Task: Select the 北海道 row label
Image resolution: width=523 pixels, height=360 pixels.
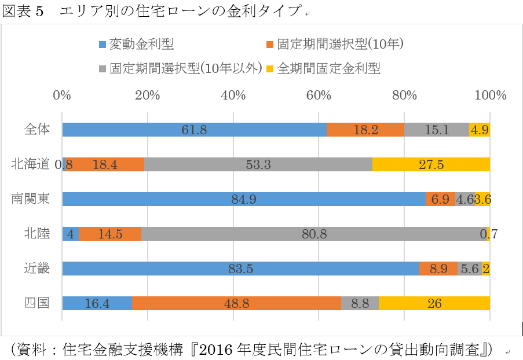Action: click(30, 164)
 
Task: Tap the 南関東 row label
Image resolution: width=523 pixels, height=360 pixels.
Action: click(30, 199)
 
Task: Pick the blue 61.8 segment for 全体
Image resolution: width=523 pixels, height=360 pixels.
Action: click(194, 130)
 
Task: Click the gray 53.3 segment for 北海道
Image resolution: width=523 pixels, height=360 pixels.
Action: click(258, 164)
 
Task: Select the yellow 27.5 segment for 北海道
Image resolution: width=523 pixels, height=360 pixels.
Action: click(431, 164)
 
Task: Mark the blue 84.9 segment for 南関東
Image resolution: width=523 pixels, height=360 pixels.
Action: click(244, 199)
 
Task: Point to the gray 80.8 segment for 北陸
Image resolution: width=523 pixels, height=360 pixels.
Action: click(314, 234)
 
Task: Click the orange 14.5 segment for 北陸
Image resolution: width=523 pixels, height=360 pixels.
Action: click(110, 234)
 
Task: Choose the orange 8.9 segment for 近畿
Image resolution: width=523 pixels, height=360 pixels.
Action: click(438, 269)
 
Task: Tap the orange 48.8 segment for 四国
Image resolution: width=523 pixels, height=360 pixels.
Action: click(237, 303)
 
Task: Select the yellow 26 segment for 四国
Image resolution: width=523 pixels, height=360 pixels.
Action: click(434, 303)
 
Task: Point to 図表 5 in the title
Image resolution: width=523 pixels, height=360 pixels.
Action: click(23, 12)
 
